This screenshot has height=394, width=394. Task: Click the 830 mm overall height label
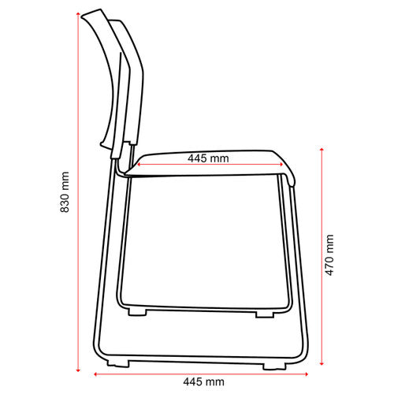tap(65, 192)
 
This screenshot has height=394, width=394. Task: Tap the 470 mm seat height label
tap(329, 255)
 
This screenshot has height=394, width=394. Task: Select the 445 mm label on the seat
tap(208, 158)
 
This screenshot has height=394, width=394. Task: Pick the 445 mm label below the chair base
tap(204, 381)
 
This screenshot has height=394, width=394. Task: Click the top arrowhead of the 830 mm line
tap(78, 14)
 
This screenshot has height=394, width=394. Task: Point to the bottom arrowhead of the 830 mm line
tap(78, 370)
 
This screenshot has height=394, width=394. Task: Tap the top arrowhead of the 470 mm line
tap(322, 150)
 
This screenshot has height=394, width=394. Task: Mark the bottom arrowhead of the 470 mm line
tap(322, 363)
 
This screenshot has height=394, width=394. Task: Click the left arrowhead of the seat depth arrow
tap(139, 165)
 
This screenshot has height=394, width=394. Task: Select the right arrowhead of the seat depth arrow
tap(281, 165)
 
